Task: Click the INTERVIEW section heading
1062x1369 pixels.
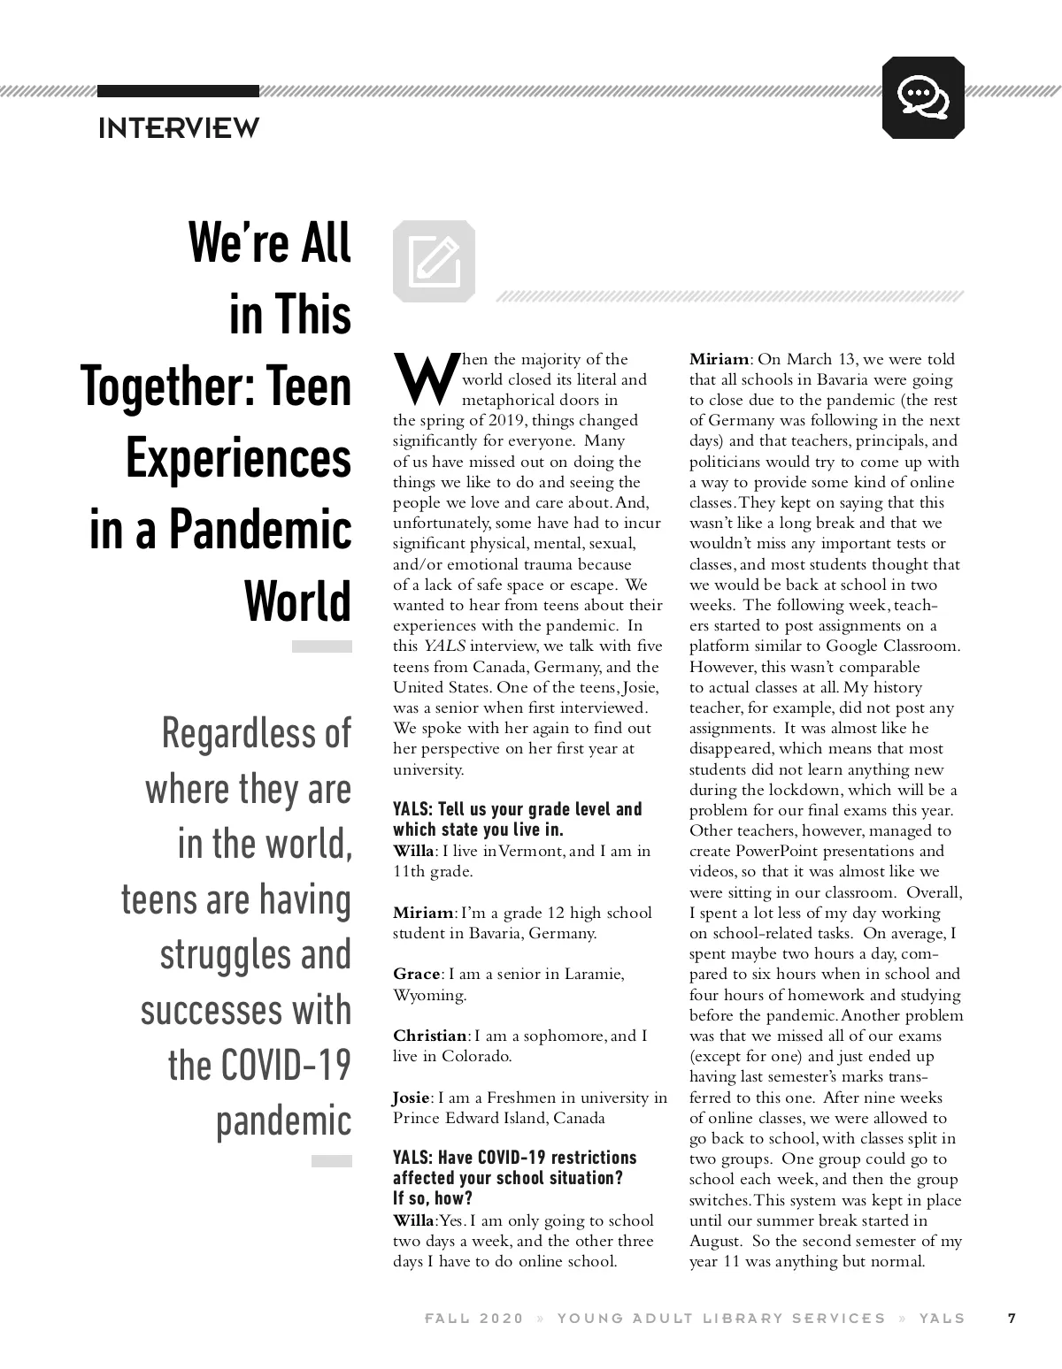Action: (x=179, y=128)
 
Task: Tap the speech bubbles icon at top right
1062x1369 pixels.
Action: (x=923, y=97)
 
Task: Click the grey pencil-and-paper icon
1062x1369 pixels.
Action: (x=434, y=261)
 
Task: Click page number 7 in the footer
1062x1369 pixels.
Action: (x=1012, y=1318)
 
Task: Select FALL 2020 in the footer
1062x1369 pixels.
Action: (x=474, y=1318)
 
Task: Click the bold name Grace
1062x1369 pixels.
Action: (x=416, y=974)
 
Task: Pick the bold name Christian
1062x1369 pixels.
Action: (x=430, y=1036)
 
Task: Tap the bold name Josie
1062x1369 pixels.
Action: (x=411, y=1097)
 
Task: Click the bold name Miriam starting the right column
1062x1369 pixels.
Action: (x=720, y=359)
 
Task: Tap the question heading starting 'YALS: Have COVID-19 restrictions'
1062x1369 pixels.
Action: (x=514, y=1167)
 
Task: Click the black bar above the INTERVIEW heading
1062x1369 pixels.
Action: (x=178, y=91)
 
